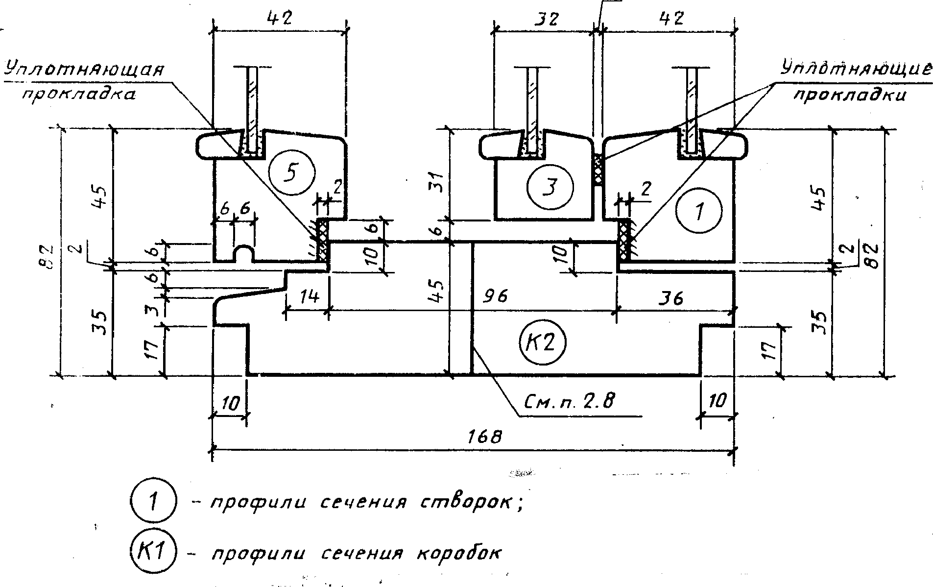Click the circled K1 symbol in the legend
(x=154, y=553)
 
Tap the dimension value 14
(x=309, y=296)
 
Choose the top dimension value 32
(x=546, y=19)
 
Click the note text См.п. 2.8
(x=568, y=402)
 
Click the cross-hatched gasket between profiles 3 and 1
(x=598, y=169)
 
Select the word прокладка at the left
(x=77, y=94)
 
